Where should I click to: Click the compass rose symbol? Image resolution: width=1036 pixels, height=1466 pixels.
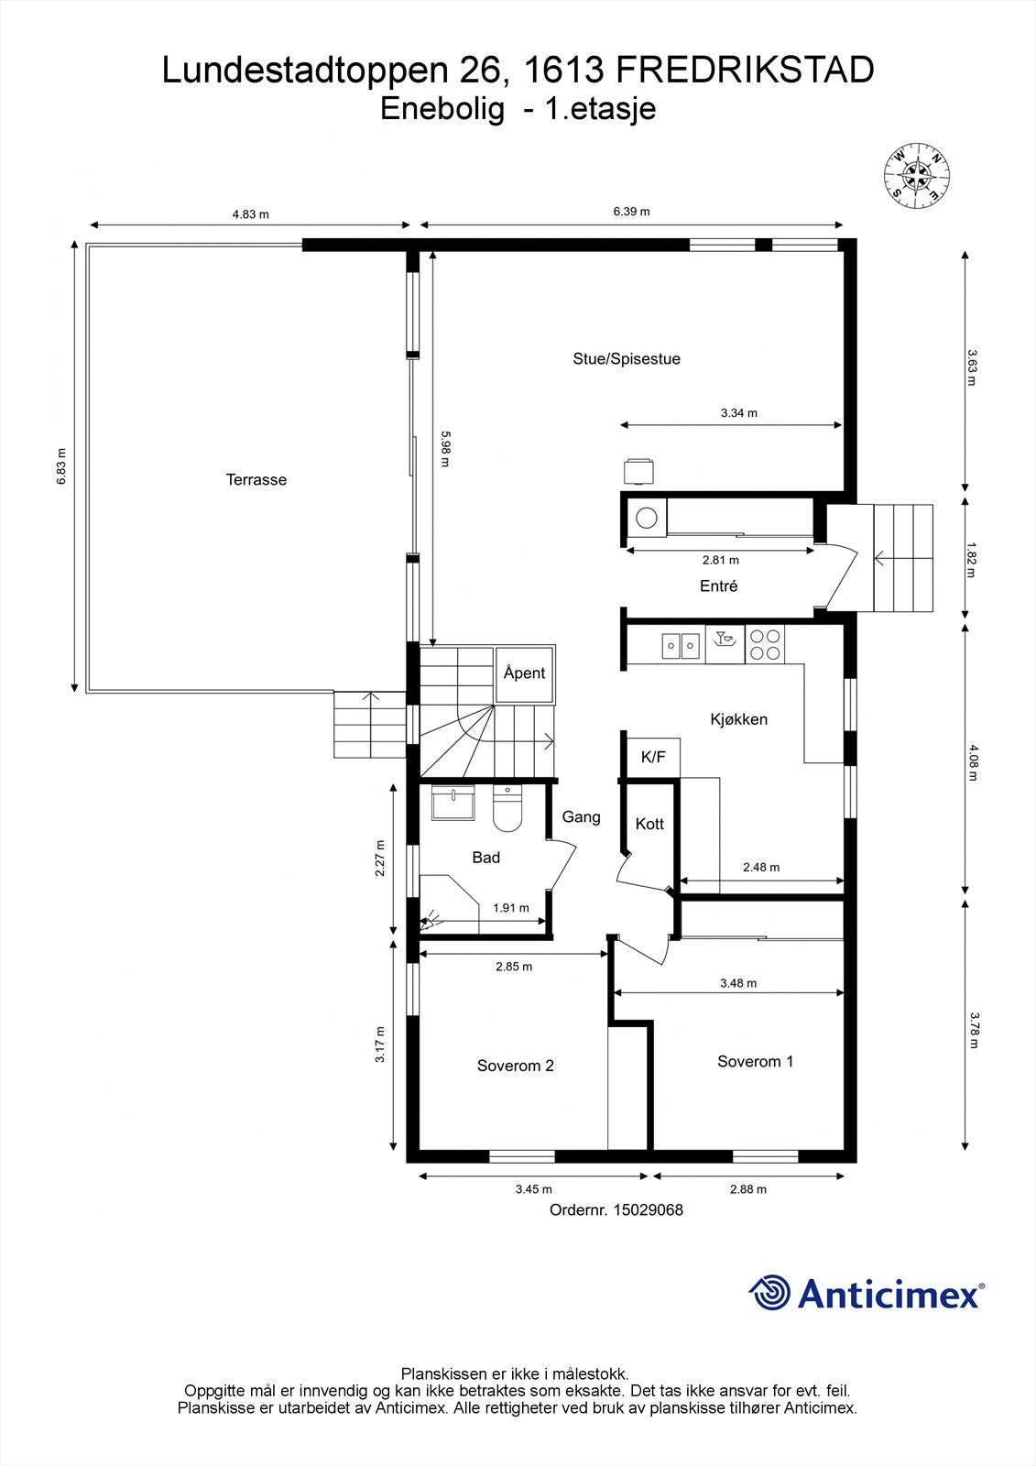click(x=917, y=175)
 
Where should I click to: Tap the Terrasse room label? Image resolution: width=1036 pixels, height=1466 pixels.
click(x=256, y=480)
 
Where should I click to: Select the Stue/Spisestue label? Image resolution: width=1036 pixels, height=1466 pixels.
click(x=627, y=358)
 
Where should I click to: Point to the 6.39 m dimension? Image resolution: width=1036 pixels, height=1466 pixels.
click(x=631, y=212)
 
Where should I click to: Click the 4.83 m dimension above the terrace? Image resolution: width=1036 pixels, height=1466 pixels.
click(x=251, y=214)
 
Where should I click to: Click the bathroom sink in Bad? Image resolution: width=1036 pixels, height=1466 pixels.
click(x=453, y=803)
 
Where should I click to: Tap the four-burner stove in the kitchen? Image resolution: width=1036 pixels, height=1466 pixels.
click(x=764, y=644)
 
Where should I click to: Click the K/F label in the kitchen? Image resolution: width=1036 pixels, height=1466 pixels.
click(x=653, y=757)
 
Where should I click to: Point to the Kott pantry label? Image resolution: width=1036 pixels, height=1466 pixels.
click(x=649, y=824)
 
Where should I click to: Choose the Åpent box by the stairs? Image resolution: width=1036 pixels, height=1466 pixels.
click(x=525, y=673)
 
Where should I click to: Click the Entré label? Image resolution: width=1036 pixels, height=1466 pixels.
click(x=718, y=585)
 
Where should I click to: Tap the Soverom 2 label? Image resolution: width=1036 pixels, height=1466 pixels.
click(x=516, y=1066)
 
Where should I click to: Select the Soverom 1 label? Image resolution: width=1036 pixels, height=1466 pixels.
click(x=755, y=1062)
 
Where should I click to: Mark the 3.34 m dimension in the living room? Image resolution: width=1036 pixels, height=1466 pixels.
click(x=739, y=413)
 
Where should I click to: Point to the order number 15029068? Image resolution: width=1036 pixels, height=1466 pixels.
click(x=648, y=1209)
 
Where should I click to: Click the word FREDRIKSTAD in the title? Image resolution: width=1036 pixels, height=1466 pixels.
click(x=746, y=71)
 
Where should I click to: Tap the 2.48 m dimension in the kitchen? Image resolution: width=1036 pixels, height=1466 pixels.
click(x=761, y=867)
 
